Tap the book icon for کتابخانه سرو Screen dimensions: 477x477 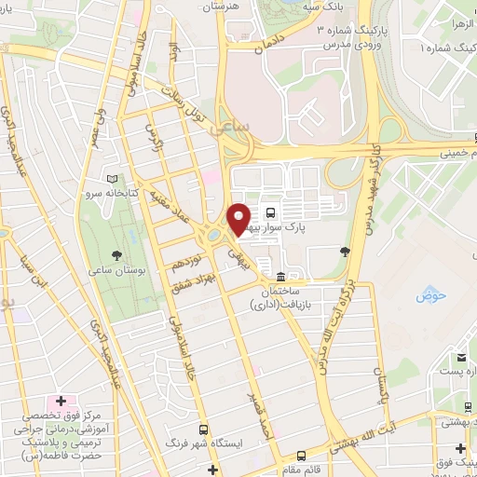pos(113,179)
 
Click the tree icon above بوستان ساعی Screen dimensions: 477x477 pos(116,254)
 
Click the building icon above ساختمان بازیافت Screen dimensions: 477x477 pos(280,277)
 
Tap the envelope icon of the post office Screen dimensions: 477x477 pos(460,357)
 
